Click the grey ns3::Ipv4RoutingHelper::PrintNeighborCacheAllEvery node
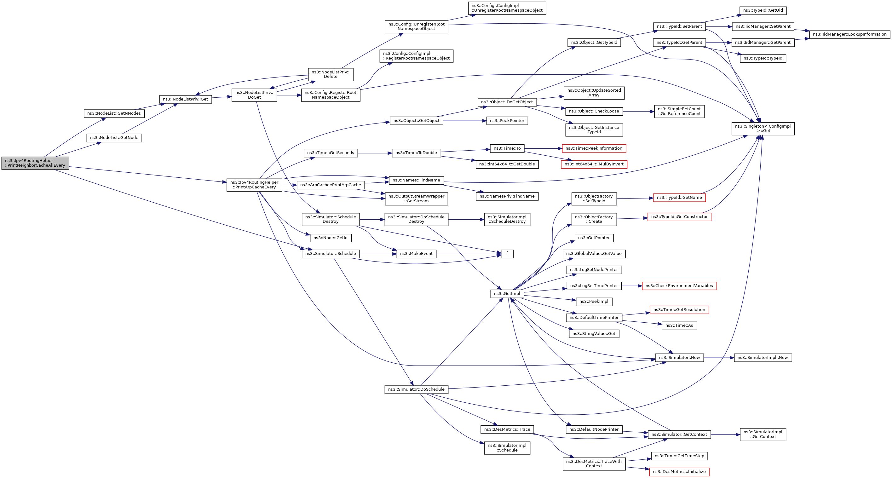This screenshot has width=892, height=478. [x=35, y=163]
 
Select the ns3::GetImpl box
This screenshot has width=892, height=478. [x=507, y=294]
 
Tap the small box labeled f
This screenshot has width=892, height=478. [x=507, y=254]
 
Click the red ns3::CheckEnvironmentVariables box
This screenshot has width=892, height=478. [x=679, y=286]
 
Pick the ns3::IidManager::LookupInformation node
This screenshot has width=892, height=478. [x=849, y=34]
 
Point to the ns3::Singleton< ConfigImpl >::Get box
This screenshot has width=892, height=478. [x=763, y=129]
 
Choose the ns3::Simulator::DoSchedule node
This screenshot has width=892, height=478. [x=416, y=389]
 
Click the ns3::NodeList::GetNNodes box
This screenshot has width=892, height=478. [x=114, y=113]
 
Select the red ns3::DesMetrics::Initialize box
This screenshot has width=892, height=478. [x=679, y=472]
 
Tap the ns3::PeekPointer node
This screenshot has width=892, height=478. [x=507, y=121]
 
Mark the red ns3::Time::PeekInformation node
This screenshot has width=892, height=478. [x=594, y=148]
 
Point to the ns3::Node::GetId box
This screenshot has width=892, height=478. [x=330, y=238]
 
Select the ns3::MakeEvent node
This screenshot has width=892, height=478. [x=416, y=254]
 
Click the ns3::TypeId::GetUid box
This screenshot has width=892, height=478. [x=763, y=10]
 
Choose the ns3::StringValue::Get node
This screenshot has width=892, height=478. [x=594, y=334]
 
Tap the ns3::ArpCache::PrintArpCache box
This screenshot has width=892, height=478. [x=330, y=185]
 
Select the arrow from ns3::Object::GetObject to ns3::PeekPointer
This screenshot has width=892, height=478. [x=464, y=121]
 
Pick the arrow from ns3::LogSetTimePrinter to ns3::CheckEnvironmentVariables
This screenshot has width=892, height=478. [x=632, y=286]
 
